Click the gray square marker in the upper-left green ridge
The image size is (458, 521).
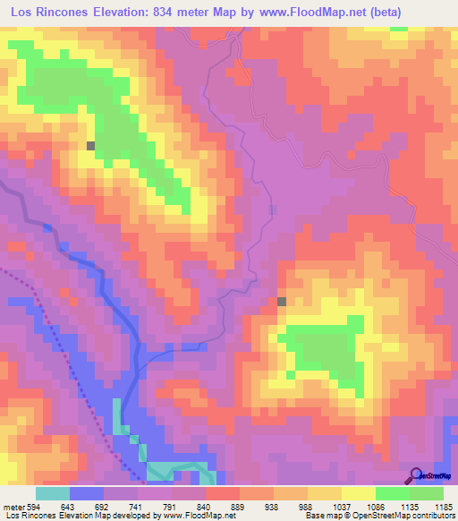(x=90, y=145)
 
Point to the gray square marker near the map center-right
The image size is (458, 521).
(x=282, y=302)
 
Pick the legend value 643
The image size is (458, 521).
(x=71, y=507)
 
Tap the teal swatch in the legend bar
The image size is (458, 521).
(x=53, y=493)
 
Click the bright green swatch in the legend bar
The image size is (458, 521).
(x=392, y=493)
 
